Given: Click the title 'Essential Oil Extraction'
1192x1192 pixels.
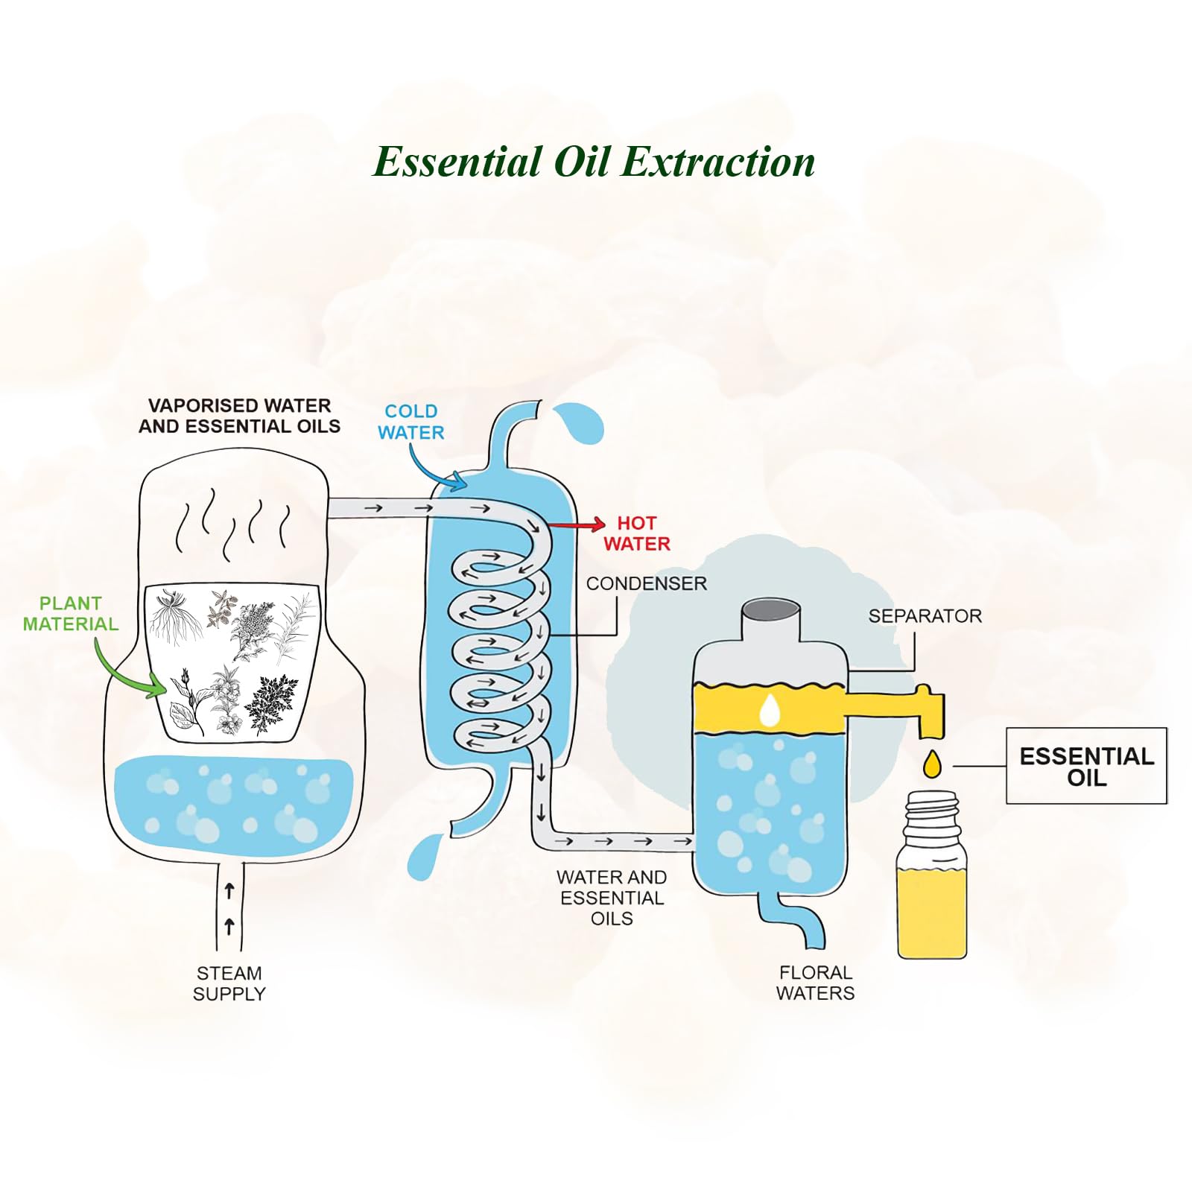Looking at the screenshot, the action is click(594, 162).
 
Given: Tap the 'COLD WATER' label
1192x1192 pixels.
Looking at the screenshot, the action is click(410, 422).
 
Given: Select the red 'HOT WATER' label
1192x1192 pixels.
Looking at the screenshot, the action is click(637, 533).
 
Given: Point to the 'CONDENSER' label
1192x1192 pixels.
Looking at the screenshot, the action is click(646, 583).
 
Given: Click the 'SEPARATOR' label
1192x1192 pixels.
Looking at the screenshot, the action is click(925, 616).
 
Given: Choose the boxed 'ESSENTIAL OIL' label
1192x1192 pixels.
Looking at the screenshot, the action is click(1086, 766).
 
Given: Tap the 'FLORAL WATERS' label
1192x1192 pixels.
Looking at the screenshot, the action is click(815, 983).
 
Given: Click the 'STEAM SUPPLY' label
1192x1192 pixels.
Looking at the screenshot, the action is click(229, 983).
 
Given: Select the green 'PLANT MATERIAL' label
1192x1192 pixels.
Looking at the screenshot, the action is click(71, 614).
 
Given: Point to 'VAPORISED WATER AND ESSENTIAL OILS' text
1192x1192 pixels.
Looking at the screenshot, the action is click(239, 416).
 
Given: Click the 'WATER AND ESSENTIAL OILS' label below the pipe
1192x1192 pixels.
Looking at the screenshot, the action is click(612, 898).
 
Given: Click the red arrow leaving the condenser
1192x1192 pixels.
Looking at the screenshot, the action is click(577, 525).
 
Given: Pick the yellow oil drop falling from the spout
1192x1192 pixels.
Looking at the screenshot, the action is click(932, 765).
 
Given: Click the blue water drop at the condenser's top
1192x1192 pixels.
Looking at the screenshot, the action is click(581, 423).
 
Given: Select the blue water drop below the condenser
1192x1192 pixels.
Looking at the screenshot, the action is click(425, 857).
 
